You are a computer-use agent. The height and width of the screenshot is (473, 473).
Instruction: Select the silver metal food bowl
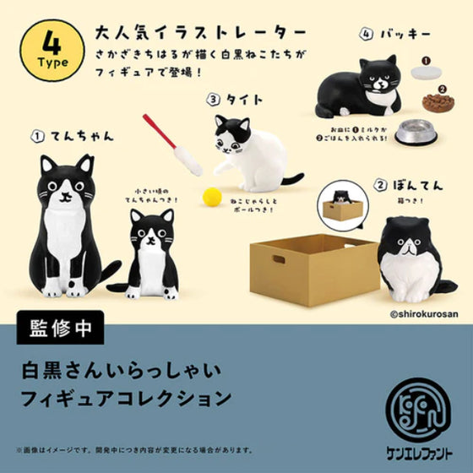tap(416, 133)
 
